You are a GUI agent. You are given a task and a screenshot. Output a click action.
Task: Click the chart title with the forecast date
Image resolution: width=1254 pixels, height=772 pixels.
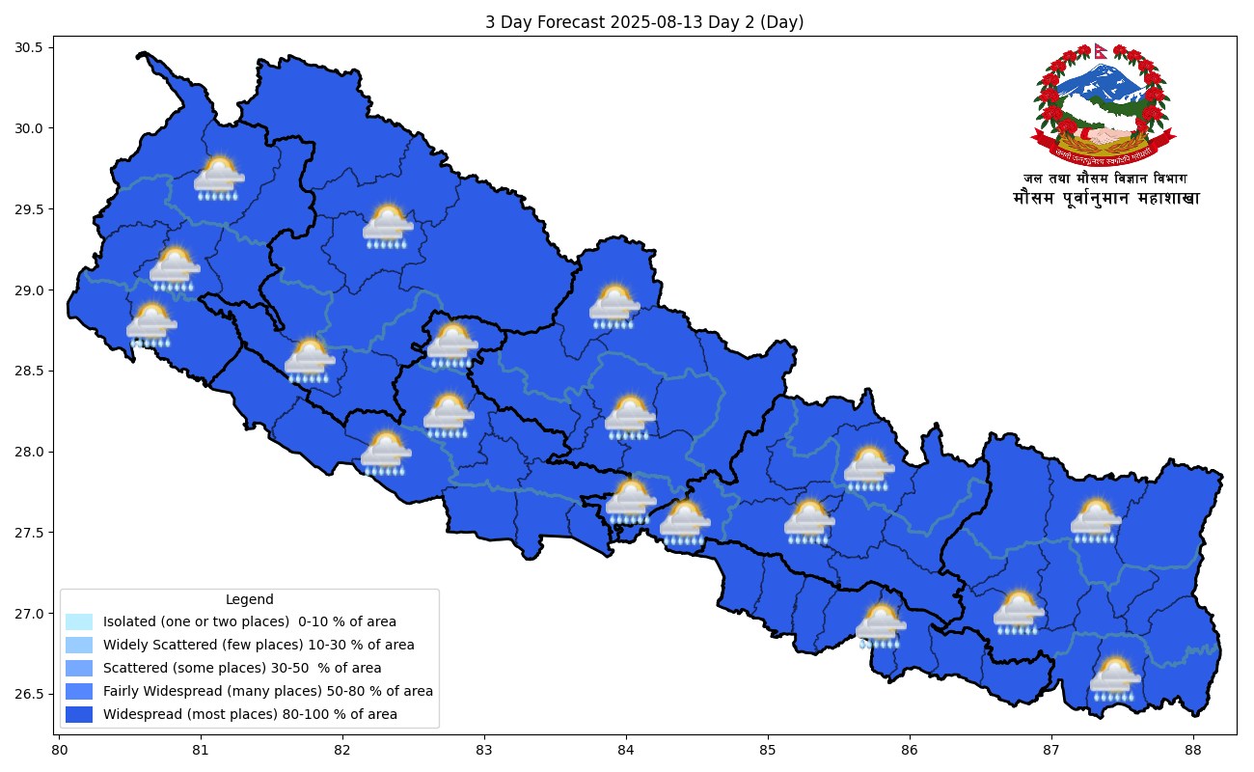click(x=644, y=22)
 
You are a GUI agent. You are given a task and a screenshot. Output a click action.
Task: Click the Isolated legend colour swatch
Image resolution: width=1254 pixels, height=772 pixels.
click(x=79, y=622)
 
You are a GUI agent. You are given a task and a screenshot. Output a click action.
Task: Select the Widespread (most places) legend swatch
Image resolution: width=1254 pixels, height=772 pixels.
click(x=79, y=715)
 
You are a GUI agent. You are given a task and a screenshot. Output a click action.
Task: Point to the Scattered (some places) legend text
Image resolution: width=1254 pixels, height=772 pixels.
click(x=242, y=669)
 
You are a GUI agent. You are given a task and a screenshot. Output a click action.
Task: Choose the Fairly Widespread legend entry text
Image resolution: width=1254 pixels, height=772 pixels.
click(x=268, y=692)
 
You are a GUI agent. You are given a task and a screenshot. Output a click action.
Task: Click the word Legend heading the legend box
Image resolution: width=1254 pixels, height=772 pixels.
click(x=249, y=599)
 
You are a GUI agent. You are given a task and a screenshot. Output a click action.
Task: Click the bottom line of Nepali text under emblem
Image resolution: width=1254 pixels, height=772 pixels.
click(x=1105, y=199)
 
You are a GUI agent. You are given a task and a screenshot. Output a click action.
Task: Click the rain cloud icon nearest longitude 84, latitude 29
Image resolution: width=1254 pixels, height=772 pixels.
click(x=614, y=307)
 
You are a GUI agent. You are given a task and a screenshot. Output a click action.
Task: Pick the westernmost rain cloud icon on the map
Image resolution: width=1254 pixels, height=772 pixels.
click(x=151, y=325)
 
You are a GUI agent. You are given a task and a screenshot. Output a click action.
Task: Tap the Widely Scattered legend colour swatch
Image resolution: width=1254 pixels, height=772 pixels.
click(x=79, y=646)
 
